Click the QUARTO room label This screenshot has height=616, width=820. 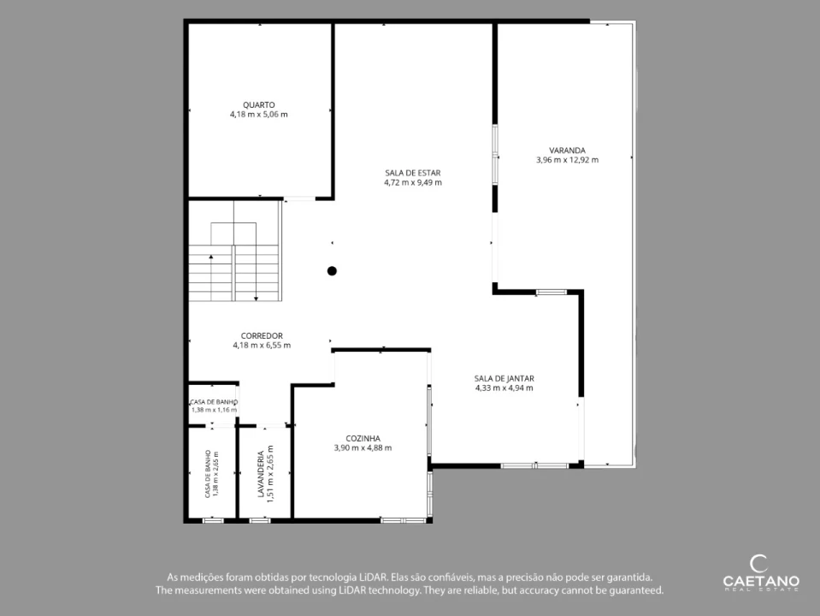tap(259, 105)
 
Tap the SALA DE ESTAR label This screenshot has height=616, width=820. tap(413, 173)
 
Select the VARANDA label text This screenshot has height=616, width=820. tap(568, 151)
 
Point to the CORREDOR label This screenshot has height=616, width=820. tap(262, 336)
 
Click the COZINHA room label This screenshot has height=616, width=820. tap(363, 439)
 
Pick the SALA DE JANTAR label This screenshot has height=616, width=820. tap(504, 378)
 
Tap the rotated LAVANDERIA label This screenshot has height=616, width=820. tap(261, 474)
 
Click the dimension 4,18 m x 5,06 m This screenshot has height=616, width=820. tap(259, 115)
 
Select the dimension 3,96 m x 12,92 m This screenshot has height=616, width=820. tap(568, 160)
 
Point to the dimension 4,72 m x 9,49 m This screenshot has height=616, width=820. tap(413, 182)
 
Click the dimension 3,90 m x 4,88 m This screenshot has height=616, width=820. tap(363, 448)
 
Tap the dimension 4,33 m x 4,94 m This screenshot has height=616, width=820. tap(504, 388)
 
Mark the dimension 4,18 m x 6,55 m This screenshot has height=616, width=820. tap(262, 346)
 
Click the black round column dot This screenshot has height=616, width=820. tap(332, 271)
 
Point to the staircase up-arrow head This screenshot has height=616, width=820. tap(211, 257)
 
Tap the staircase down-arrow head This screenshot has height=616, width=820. tap(257, 299)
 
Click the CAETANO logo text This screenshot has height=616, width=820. tap(761, 581)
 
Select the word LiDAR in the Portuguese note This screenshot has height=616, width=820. tap(374, 577)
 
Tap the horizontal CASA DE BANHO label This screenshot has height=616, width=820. tap(214, 402)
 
